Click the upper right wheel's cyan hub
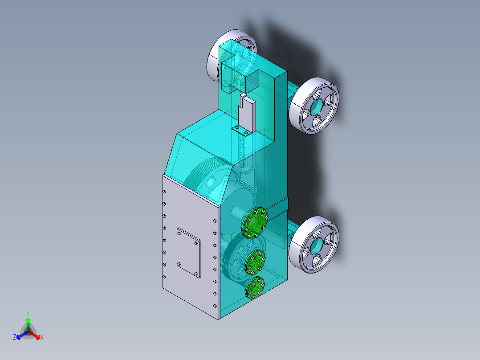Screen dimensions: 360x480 [x=317, y=106]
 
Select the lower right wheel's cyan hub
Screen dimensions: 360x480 [x=317, y=245]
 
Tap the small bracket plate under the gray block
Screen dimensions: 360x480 [x=241, y=132]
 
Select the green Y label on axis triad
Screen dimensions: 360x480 [x=28, y=313]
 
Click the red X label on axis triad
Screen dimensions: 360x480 [x=42, y=337]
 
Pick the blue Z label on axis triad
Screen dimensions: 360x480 [x=15, y=337]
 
